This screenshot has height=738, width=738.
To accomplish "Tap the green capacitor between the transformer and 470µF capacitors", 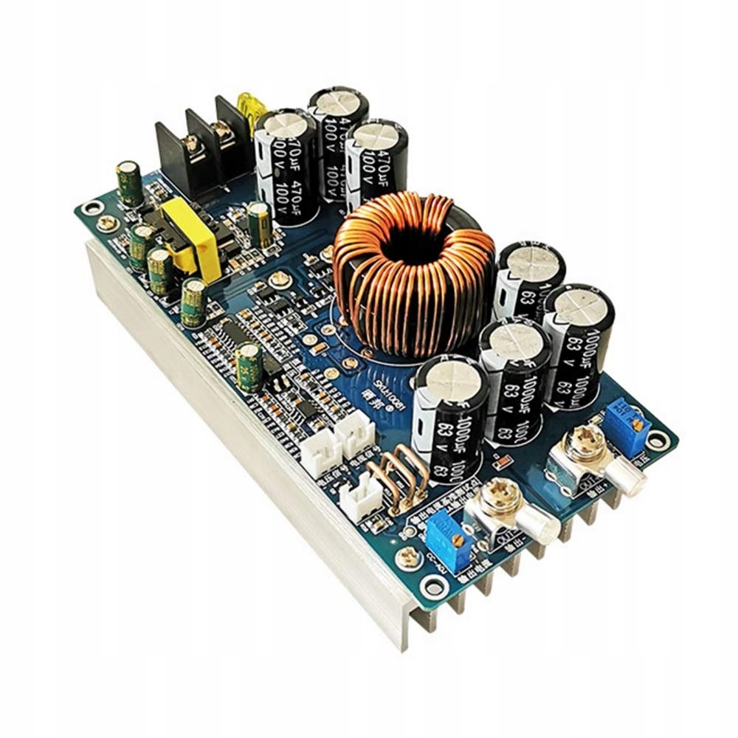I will click(x=259, y=223).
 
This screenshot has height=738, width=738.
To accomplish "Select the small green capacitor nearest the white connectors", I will click(x=249, y=368).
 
